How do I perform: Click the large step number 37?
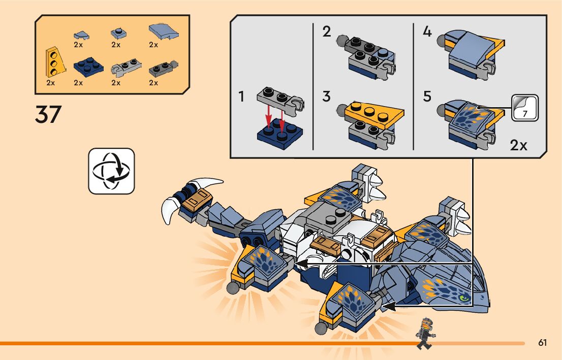pyautogui.click(x=48, y=114)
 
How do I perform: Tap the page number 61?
pyautogui.click(x=543, y=343)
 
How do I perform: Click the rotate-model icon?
pyautogui.click(x=111, y=171)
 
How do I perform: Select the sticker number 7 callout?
pyautogui.click(x=524, y=108)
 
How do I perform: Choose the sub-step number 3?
pyautogui.click(x=326, y=96)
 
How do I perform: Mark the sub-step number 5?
pyautogui.click(x=427, y=96)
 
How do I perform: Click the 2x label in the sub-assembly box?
pyautogui.click(x=518, y=146)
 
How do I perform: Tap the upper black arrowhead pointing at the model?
pyautogui.click(x=300, y=264)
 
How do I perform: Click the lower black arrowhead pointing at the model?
pyautogui.click(x=388, y=306)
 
